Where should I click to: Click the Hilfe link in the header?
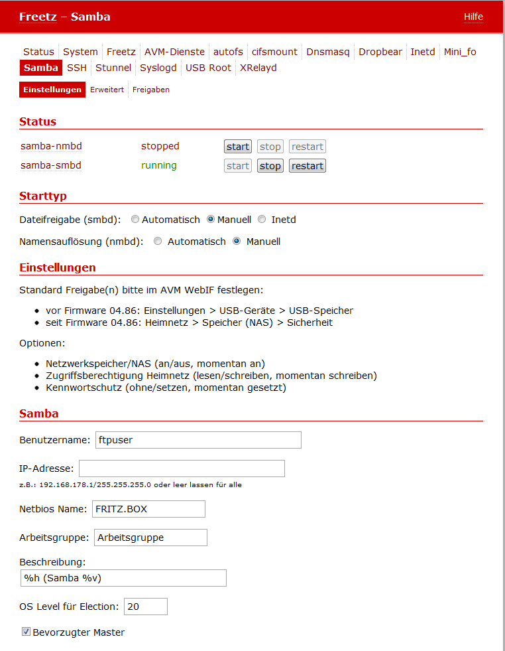[x=473, y=17]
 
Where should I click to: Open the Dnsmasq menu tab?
[x=327, y=52]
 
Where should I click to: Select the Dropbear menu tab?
[x=380, y=52]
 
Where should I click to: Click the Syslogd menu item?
[x=158, y=68]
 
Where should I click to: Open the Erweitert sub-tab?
[x=107, y=90]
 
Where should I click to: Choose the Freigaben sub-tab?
[x=150, y=90]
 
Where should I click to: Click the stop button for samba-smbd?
[x=270, y=166]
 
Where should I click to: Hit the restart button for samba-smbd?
[x=308, y=166]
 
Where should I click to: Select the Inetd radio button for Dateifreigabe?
[x=262, y=219]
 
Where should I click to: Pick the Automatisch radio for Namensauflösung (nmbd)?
[x=158, y=242]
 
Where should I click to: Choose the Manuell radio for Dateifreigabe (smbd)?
[x=211, y=219]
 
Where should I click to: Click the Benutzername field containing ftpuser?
[x=198, y=439]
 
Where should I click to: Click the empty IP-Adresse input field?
[x=182, y=469]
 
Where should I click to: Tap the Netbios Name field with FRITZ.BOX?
[x=148, y=509]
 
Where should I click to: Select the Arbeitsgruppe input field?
[x=150, y=538]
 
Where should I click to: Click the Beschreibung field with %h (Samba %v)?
[x=123, y=578]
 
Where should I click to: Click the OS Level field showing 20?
[x=145, y=607]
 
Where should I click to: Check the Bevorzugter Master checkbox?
[x=27, y=632]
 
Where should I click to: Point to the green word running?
[x=159, y=165]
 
